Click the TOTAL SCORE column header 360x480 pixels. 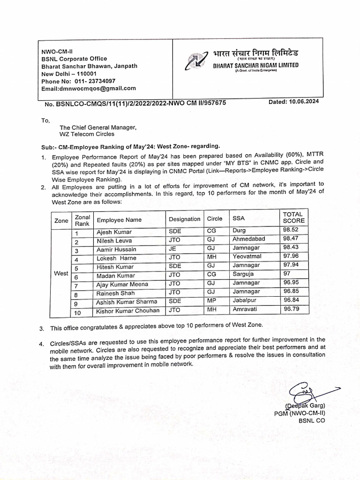tap(293, 217)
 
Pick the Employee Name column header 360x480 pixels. tap(119, 220)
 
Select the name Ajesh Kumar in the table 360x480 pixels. tap(114, 232)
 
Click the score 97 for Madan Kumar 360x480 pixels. tap(287, 274)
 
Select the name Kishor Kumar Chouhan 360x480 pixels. tap(127, 310)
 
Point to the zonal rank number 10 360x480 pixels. tap(77, 313)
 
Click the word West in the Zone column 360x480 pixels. tap(61, 273)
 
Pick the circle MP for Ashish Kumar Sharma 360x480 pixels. tap(211, 300)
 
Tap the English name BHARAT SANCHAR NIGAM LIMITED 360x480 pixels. tap(255, 65)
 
